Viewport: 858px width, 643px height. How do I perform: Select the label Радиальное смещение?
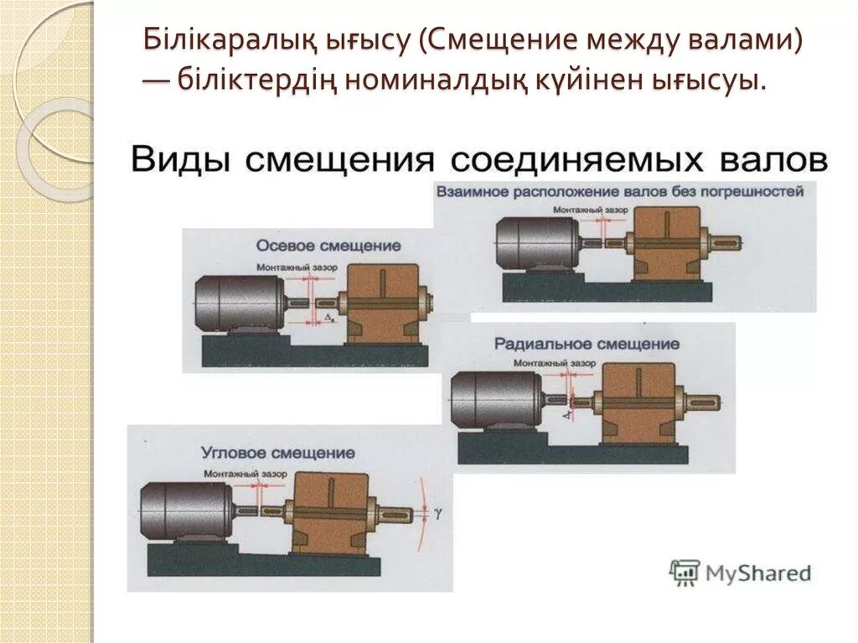tap(587, 345)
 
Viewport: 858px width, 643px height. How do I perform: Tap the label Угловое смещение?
tap(277, 453)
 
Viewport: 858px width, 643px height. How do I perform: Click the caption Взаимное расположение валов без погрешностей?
tap(619, 191)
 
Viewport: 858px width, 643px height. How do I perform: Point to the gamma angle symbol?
tap(437, 510)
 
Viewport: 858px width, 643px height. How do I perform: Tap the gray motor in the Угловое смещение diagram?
tap(188, 511)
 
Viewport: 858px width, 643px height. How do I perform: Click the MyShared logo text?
tap(759, 573)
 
